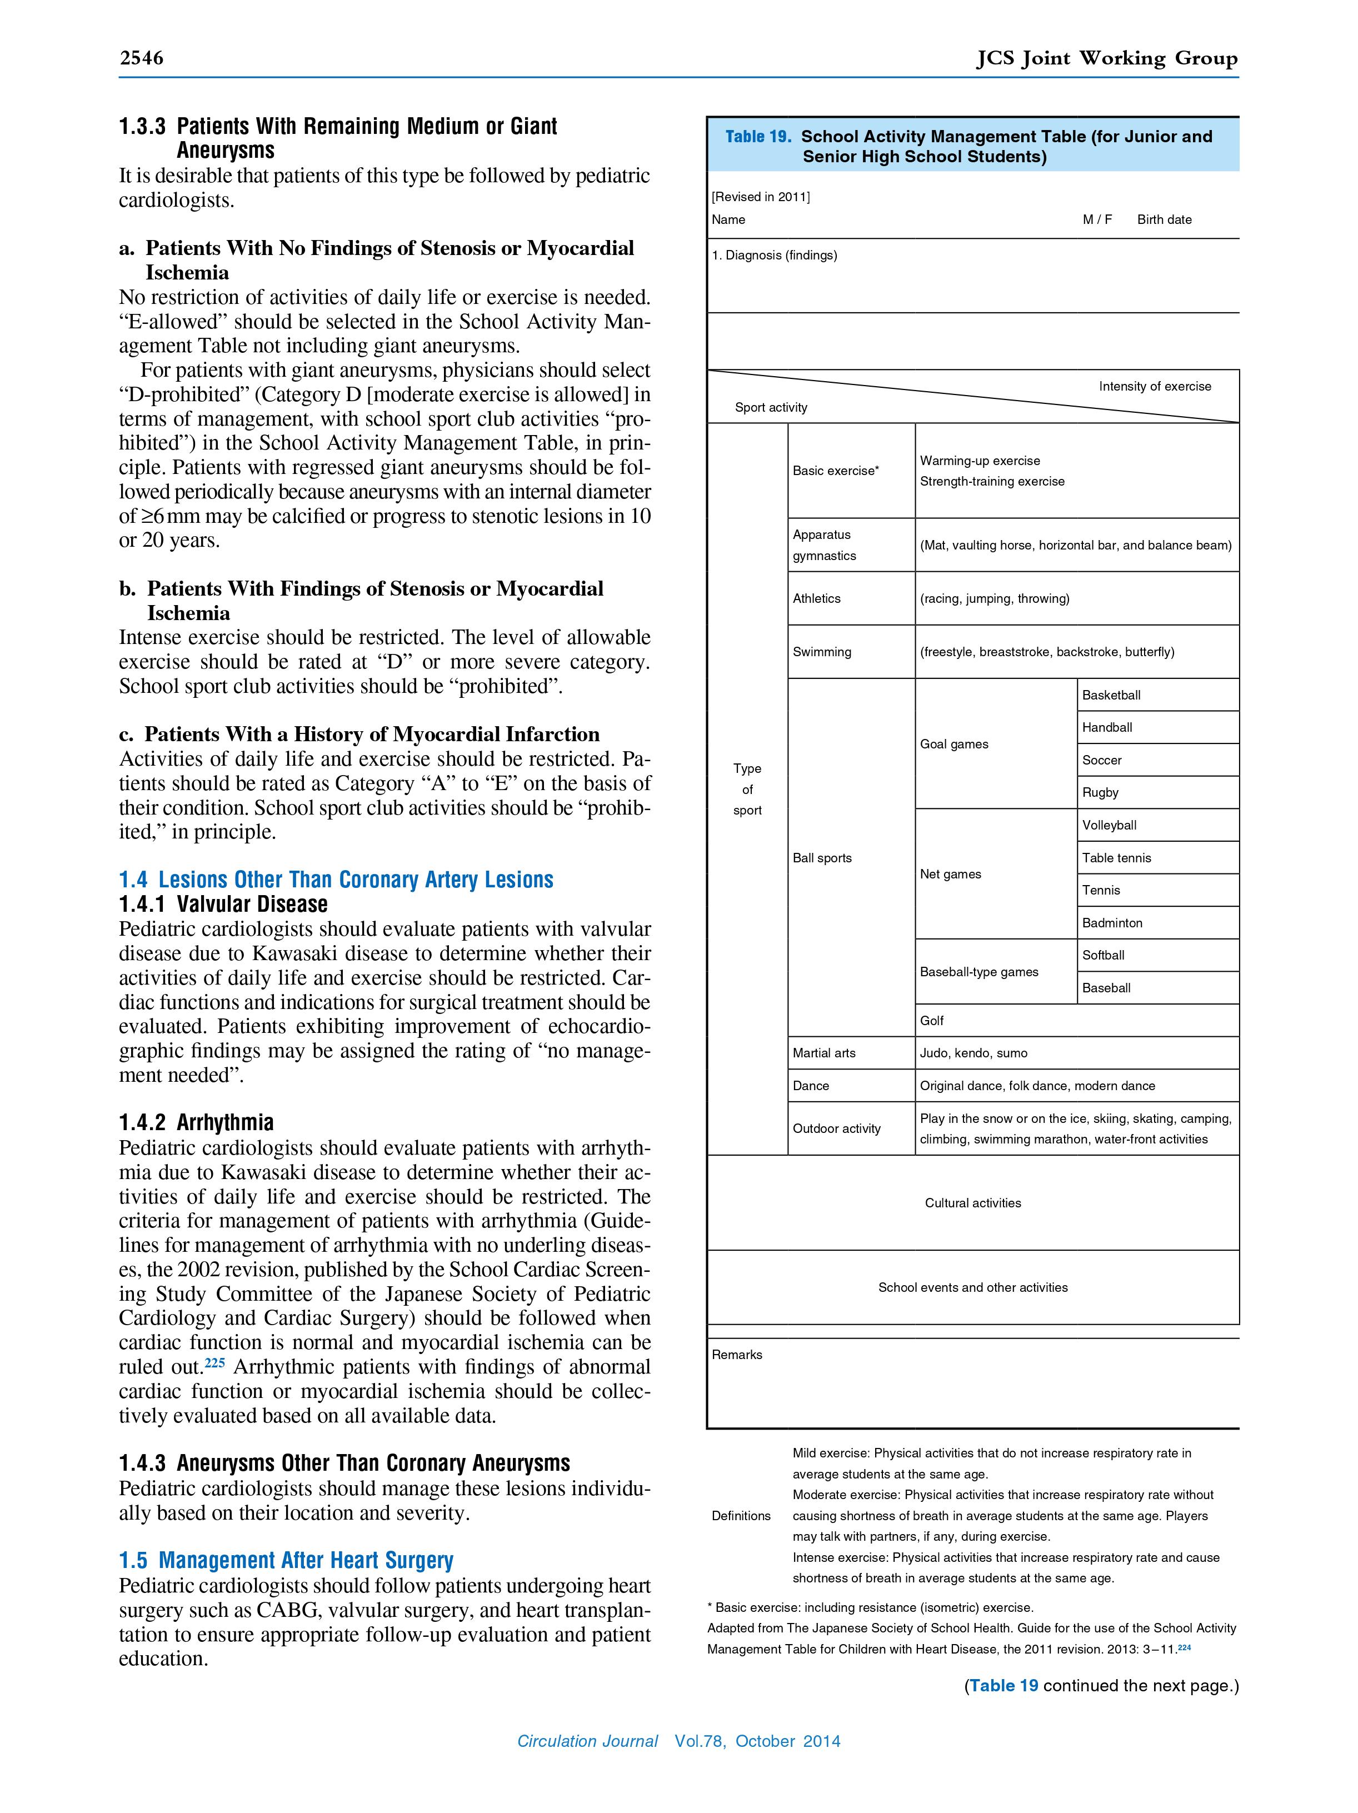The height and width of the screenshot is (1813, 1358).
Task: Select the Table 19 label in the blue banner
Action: coord(757,137)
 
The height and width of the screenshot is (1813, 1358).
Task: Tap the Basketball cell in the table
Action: coord(1111,695)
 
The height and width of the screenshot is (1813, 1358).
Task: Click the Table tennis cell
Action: coord(1116,857)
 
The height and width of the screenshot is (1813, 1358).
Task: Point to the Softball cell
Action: coord(1103,955)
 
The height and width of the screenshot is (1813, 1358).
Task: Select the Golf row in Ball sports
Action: coord(932,1021)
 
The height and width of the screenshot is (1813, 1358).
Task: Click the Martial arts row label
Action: coord(823,1053)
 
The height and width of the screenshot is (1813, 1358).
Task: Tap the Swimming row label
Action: coord(821,652)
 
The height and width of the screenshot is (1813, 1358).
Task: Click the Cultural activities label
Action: coord(973,1203)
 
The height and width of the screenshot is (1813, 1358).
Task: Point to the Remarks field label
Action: coord(737,1355)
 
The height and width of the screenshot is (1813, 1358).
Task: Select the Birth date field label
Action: coord(1164,219)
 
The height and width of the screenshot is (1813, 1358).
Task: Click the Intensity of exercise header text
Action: coord(1154,386)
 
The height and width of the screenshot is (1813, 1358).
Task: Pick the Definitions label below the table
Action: coord(741,1516)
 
